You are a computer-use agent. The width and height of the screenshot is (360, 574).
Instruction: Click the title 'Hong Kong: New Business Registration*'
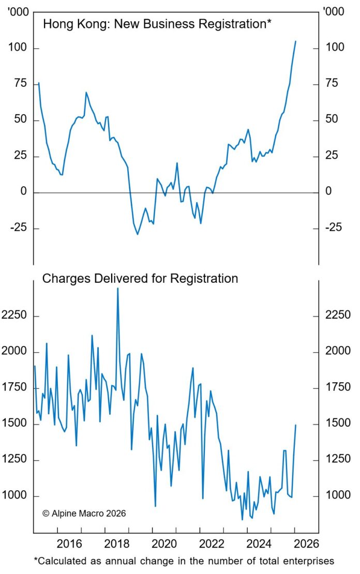tap(157, 24)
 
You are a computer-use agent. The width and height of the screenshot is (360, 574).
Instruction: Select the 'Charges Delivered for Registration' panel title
tap(140, 279)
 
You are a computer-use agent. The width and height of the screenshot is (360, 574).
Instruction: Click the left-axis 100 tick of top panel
tap(18, 48)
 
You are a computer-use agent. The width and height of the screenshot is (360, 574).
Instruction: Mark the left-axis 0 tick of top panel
tap(23, 192)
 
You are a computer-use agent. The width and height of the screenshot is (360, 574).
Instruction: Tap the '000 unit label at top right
tap(332, 11)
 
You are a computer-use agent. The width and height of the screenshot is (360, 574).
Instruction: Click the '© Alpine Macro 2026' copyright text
tap(84, 513)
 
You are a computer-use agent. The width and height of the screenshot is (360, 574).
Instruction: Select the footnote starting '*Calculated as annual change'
tap(184, 561)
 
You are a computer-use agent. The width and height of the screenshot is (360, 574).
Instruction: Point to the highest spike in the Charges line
tap(117, 288)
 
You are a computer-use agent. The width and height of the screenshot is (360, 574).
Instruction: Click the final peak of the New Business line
tap(295, 41)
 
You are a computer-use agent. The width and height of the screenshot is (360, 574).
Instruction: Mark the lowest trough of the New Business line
tap(138, 234)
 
